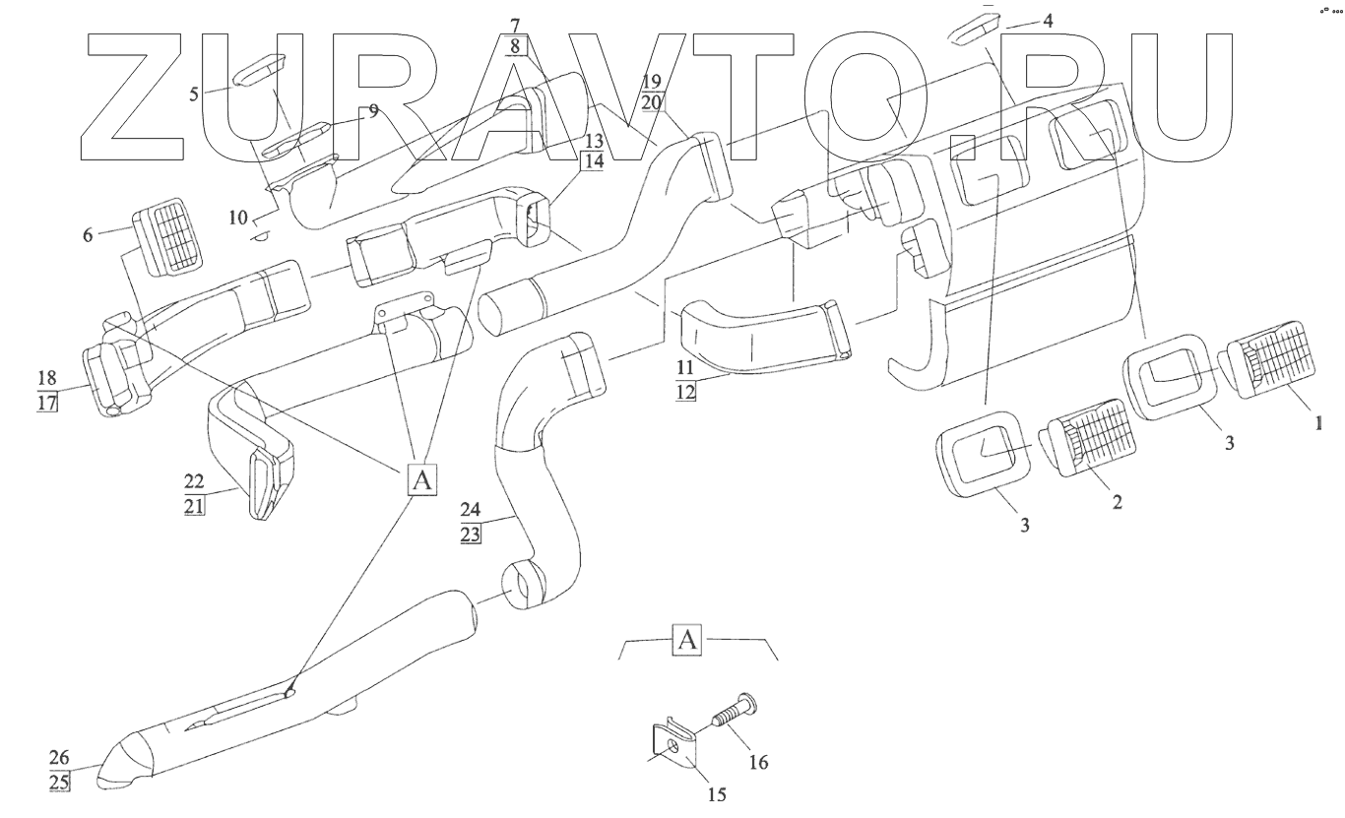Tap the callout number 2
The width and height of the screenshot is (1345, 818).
(x=1117, y=501)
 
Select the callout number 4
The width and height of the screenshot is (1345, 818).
(x=1048, y=19)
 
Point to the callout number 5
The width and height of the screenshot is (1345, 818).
(x=194, y=94)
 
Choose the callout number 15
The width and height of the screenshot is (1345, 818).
(x=718, y=793)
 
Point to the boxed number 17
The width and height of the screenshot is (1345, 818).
(x=47, y=403)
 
